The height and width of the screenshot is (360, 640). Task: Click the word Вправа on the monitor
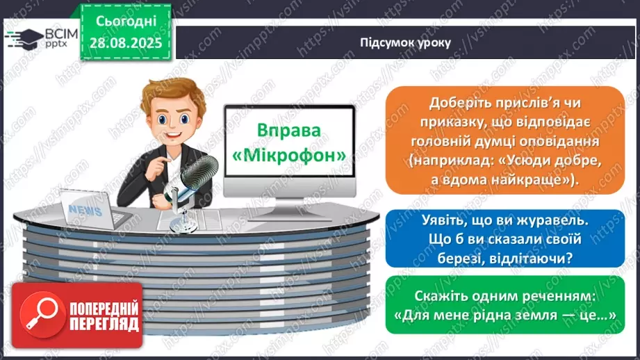coord(290,131)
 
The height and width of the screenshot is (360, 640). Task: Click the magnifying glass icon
coord(40,314)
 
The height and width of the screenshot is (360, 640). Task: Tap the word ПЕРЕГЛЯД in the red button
coord(104,325)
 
